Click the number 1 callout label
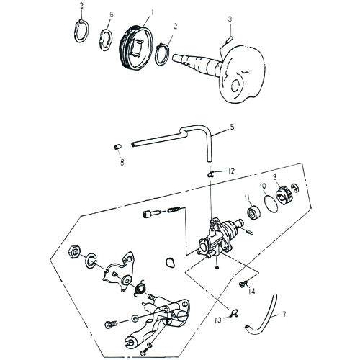[153, 13]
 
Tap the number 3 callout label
[229, 19]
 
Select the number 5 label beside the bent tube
[232, 127]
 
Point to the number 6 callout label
[112, 14]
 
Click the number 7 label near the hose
[284, 315]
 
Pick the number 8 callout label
[122, 163]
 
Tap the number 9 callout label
[274, 176]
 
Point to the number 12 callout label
[231, 171]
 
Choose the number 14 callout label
[252, 292]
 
